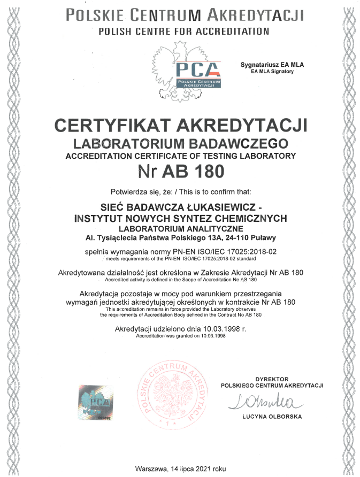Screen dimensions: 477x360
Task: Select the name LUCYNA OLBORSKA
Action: (272, 417)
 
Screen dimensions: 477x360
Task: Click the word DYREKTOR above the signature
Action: (272, 378)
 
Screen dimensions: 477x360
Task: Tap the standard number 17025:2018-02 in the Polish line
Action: (248, 251)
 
